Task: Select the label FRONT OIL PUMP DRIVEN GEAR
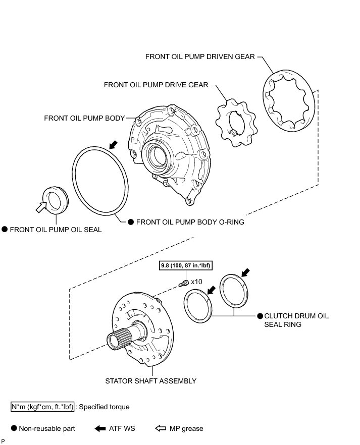pos(200,57)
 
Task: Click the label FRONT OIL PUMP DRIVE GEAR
pos(156,85)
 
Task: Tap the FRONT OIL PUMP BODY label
pos(84,118)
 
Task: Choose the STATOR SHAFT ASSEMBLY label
pos(150,381)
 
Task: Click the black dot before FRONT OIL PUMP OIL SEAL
pos(5,230)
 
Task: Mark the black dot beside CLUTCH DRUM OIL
pos(260,316)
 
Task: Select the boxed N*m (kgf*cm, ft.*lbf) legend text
pos(42,407)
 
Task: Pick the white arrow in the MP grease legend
pos(160,429)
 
